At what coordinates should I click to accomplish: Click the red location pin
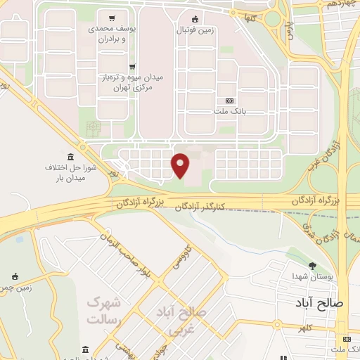coord(181,166)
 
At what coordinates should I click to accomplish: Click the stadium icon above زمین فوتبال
coord(195,19)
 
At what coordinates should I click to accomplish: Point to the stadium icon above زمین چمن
coord(15,276)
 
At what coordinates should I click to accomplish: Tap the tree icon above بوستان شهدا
coord(312,265)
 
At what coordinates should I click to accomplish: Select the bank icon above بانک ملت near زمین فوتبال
coord(229,101)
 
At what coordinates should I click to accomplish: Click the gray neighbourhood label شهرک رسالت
coord(104,310)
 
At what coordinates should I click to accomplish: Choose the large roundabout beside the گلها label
coord(272,18)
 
